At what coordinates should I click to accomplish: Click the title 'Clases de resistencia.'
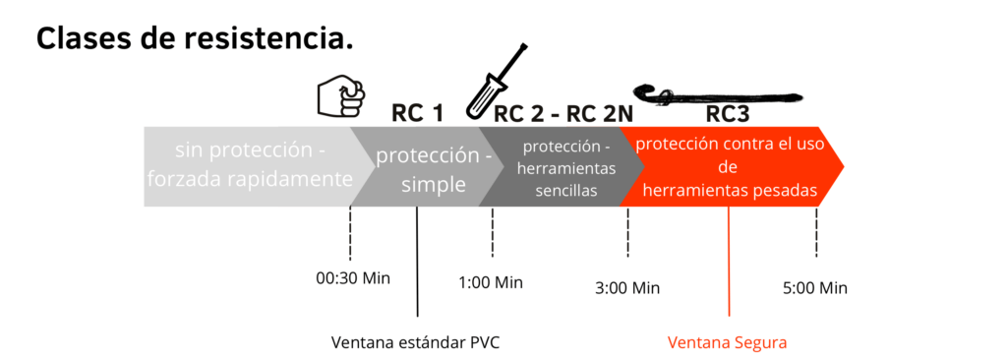194,38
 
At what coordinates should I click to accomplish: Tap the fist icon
339,96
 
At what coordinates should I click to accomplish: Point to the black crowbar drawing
717,94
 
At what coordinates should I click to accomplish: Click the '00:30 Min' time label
353,277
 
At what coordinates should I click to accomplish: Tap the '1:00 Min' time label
491,282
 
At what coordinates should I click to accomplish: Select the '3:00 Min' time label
627,288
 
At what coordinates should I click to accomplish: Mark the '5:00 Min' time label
814,288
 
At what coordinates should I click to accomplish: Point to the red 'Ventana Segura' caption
728,342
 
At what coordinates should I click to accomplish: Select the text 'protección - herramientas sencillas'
566,168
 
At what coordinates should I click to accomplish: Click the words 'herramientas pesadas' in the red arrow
730,191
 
